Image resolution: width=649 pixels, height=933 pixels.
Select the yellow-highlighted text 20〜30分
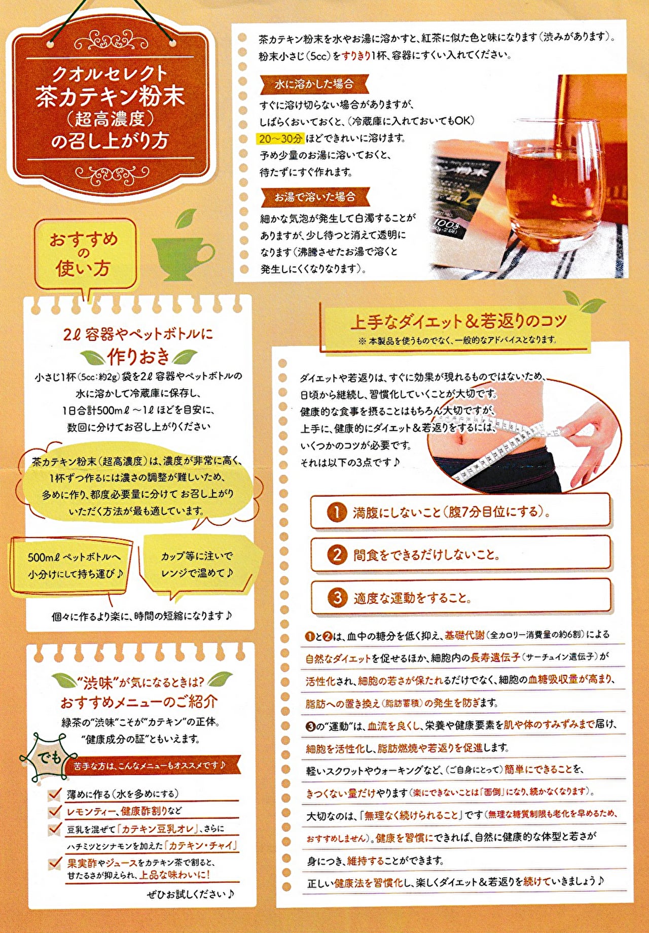(280, 139)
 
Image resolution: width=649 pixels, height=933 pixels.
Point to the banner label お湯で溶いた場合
(314, 197)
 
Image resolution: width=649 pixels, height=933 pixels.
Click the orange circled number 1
(337, 512)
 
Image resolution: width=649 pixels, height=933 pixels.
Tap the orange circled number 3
(337, 598)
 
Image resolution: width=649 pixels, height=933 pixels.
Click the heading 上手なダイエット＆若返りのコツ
(458, 321)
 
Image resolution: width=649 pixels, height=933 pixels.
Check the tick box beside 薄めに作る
(55, 794)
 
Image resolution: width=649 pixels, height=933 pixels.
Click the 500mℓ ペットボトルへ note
(74, 565)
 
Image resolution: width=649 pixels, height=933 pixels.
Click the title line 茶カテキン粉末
(110, 96)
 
